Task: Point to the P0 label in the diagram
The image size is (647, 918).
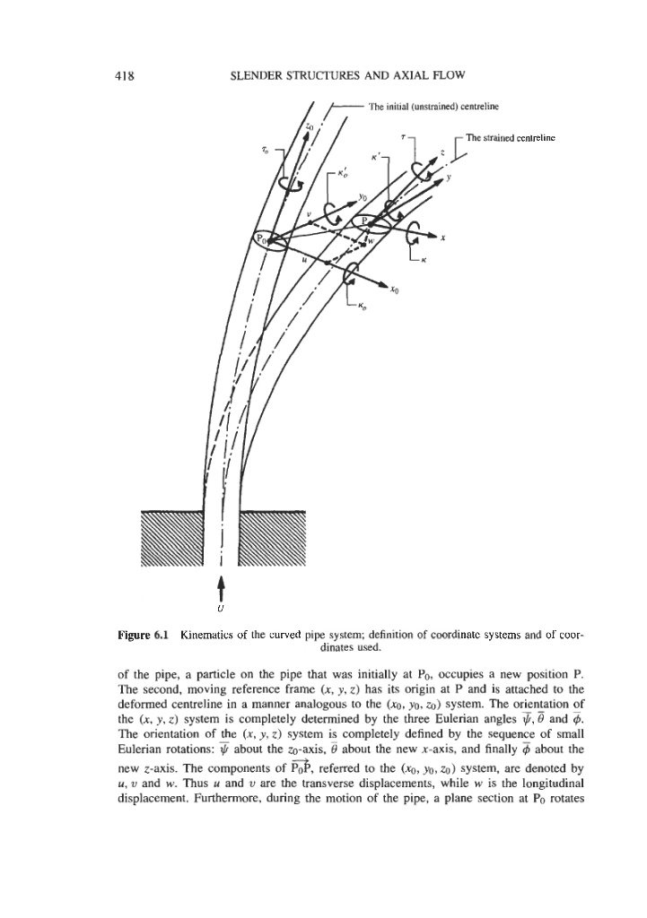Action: (262, 239)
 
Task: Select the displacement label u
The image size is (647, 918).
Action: (305, 258)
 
